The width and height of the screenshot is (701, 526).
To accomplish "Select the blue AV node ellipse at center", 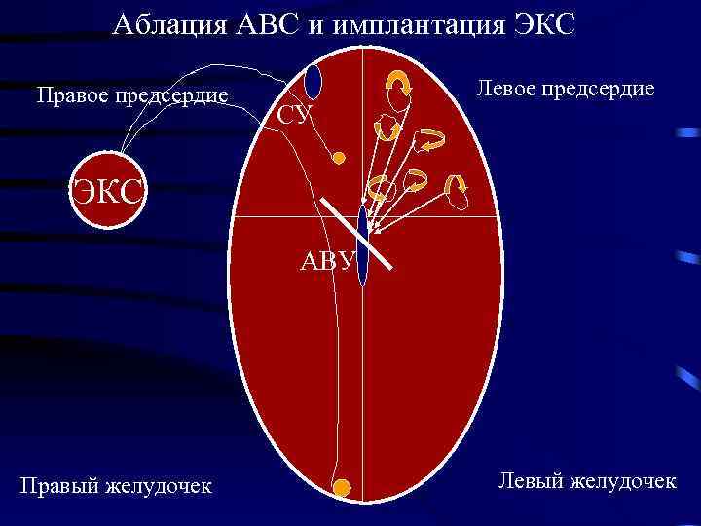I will pos(362,244).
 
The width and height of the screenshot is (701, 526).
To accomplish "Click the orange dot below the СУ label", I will pos(338,157).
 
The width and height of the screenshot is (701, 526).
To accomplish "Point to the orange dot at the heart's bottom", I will pos(341,486).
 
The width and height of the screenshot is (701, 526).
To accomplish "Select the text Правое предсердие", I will pos(131,95).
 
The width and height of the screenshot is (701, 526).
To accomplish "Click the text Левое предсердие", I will pos(565,89).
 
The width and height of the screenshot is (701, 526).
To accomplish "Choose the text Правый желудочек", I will pos(116,484).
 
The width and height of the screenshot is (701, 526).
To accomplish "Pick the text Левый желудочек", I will pos(586,479).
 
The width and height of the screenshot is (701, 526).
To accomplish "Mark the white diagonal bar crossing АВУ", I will pos(357,232).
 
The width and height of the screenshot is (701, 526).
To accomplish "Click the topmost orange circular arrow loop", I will pos(398,86).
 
